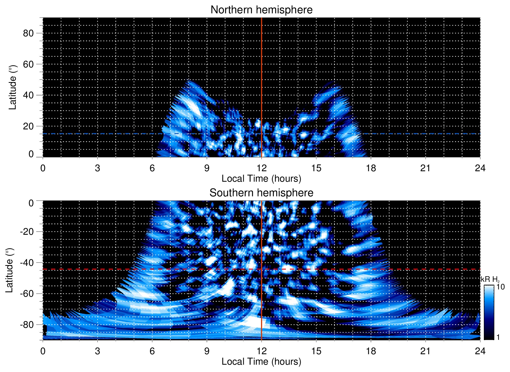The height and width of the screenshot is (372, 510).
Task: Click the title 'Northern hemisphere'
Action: point(261,10)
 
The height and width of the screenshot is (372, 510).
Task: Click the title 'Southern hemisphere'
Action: point(261,193)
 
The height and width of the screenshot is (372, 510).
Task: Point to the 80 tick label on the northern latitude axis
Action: point(28,33)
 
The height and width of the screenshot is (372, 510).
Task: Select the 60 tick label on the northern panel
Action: point(28,64)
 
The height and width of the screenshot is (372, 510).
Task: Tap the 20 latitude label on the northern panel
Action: point(28,126)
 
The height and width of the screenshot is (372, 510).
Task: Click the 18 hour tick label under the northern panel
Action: point(371,168)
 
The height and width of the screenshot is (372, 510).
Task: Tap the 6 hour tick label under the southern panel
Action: point(152,351)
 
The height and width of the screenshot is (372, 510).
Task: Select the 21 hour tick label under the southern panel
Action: point(426,351)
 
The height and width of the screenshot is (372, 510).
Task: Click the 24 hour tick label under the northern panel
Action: point(480,168)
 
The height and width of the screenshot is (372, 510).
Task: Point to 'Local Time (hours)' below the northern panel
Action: point(261,179)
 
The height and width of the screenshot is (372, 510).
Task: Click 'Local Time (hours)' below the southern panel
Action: point(261,362)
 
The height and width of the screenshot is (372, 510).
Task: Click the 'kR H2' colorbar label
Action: point(490,279)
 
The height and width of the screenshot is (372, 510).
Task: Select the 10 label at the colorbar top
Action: point(500,287)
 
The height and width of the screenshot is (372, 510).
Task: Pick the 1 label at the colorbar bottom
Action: point(498,337)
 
